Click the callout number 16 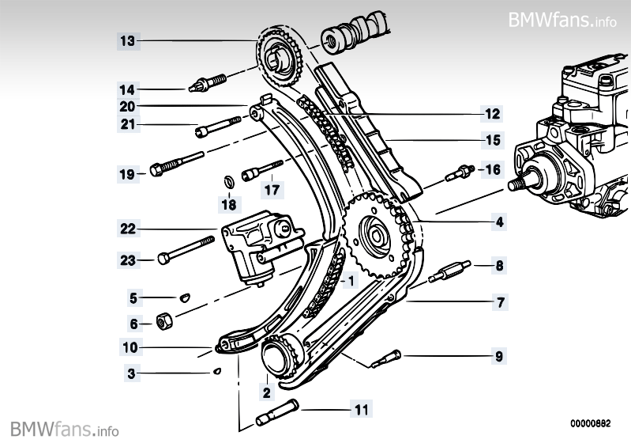click(492, 169)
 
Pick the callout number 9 click(499, 357)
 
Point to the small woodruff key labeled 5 click(182, 297)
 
